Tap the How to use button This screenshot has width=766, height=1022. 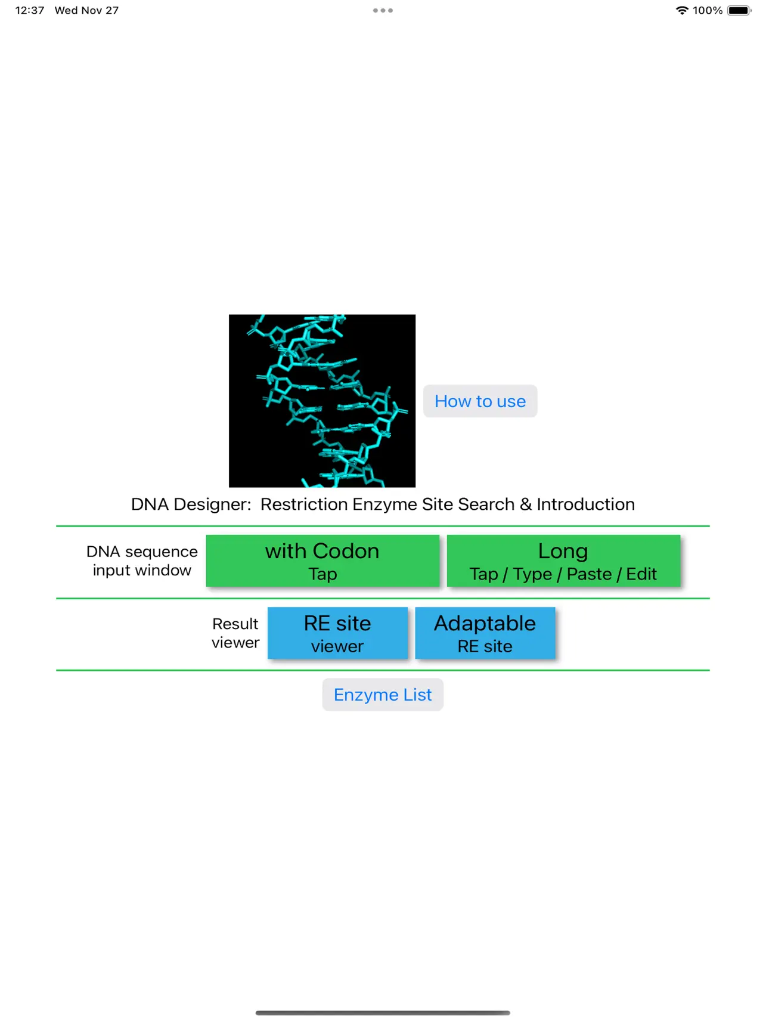480,401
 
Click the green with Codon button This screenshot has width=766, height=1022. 322,560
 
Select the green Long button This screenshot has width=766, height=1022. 563,560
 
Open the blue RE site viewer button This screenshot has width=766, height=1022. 337,633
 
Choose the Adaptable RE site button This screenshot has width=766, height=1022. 485,633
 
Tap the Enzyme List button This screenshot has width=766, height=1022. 383,695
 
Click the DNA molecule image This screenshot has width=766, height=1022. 322,401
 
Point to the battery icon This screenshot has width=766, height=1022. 740,11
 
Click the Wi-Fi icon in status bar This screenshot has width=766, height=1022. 682,11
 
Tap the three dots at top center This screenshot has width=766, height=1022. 383,11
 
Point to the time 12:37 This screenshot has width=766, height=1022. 30,11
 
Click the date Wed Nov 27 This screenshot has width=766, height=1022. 86,11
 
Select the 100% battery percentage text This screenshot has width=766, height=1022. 708,11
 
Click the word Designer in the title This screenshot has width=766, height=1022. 212,504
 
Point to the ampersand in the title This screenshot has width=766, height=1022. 526,504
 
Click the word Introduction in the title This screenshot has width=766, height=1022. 585,504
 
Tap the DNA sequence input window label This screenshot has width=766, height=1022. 142,561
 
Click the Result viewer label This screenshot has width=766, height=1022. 235,633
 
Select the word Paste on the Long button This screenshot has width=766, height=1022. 589,574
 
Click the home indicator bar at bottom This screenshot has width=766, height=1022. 383,1012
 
